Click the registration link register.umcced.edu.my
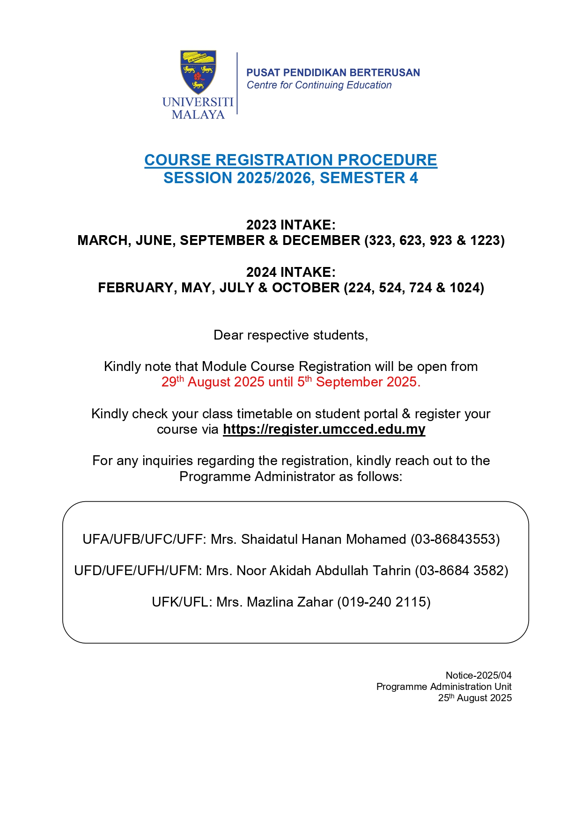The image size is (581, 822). tap(324, 429)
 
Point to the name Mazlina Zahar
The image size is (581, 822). tap(290, 602)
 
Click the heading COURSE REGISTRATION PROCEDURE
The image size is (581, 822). tap(291, 160)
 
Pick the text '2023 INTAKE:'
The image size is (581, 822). tap(291, 225)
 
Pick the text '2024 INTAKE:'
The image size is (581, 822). tap(291, 272)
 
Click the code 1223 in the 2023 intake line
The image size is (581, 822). tap(485, 241)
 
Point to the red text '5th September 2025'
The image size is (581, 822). tap(358, 382)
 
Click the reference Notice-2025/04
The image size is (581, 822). tap(478, 675)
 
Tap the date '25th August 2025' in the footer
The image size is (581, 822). tap(475, 698)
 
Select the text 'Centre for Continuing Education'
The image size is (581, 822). tap(319, 85)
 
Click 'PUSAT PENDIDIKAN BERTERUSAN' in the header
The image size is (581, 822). tap(333, 73)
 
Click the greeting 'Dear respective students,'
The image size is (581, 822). tap(291, 335)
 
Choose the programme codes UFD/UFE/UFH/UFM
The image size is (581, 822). tap(138, 570)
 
